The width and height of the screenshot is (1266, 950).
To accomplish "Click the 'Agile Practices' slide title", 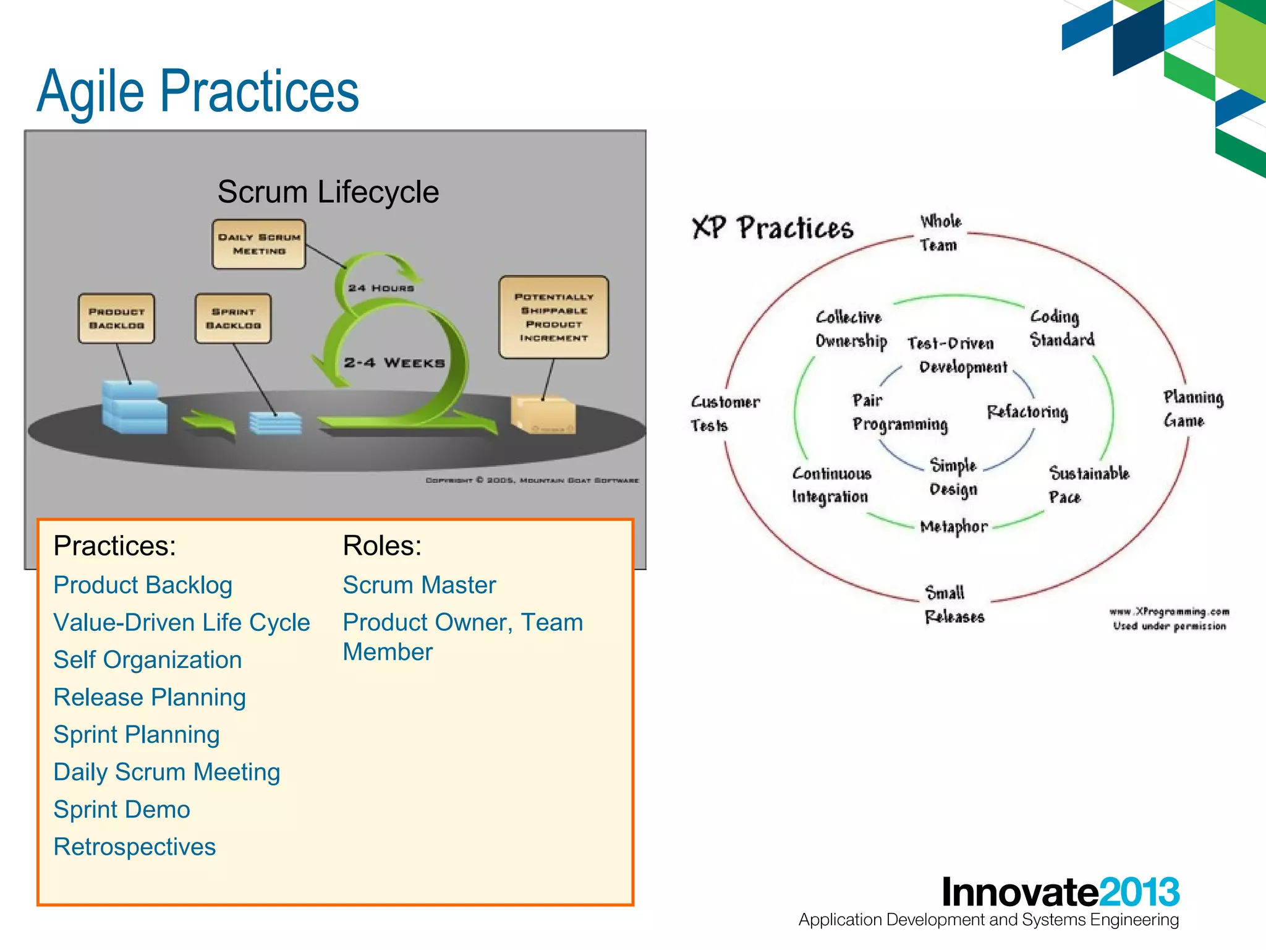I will pyautogui.click(x=198, y=92).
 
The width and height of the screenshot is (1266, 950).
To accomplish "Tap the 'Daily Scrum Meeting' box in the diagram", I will pyautogui.click(x=259, y=244).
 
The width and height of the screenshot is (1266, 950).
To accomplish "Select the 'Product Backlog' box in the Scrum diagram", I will pyautogui.click(x=116, y=319).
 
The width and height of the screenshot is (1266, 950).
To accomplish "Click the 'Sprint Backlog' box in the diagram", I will pyautogui.click(x=233, y=319).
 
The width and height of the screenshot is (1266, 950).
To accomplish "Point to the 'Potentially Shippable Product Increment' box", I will pyautogui.click(x=553, y=317).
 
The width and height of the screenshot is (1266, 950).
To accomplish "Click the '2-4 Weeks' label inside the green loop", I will pyautogui.click(x=394, y=363).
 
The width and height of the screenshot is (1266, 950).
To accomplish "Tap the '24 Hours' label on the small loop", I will pyautogui.click(x=381, y=288).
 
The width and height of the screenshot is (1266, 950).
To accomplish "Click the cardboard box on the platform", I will pyautogui.click(x=543, y=414).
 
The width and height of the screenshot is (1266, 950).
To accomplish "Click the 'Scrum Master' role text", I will pyautogui.click(x=419, y=585).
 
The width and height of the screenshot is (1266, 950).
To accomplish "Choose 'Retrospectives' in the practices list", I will pyautogui.click(x=134, y=847).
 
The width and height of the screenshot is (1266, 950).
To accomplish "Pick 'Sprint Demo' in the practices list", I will pyautogui.click(x=122, y=810).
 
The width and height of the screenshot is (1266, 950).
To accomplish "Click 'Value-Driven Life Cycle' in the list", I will pyautogui.click(x=181, y=623).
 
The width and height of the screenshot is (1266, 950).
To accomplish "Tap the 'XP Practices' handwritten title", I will pyautogui.click(x=773, y=228).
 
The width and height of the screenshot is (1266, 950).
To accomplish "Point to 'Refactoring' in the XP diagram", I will pyautogui.click(x=1027, y=412).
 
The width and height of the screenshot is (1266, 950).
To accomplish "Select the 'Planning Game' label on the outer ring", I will pyautogui.click(x=1192, y=409).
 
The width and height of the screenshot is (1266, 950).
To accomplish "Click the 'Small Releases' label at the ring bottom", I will pyautogui.click(x=953, y=605).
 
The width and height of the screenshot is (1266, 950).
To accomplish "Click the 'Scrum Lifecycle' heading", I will pyautogui.click(x=328, y=192).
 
